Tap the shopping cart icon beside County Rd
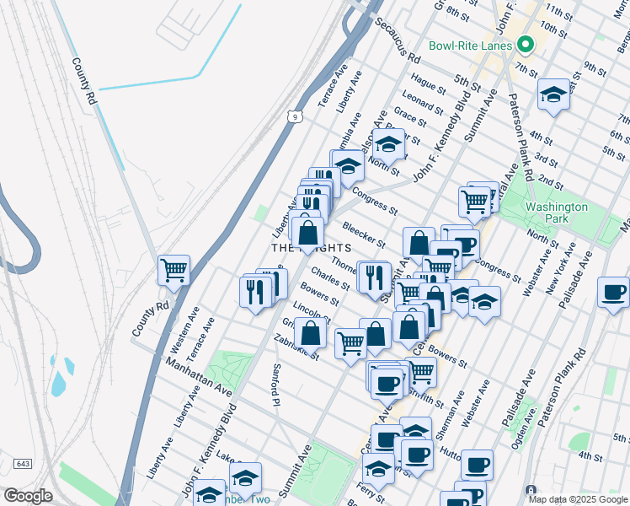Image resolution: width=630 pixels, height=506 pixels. click(174, 271)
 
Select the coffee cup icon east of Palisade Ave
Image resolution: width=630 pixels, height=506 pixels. click(613, 293)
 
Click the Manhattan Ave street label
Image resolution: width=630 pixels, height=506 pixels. click(198, 376)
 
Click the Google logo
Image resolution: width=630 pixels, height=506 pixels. click(28, 496)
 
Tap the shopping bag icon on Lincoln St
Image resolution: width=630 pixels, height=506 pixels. click(310, 332)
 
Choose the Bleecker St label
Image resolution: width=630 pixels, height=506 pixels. click(364, 235)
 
